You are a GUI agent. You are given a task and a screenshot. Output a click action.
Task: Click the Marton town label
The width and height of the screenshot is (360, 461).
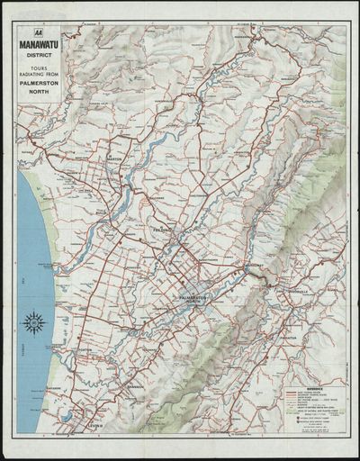(x=114, y=158)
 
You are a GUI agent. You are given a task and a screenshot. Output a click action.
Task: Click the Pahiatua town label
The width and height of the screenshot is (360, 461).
(x=289, y=338)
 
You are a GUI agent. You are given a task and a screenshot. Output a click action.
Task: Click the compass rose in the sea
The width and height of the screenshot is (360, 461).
(x=35, y=321)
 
